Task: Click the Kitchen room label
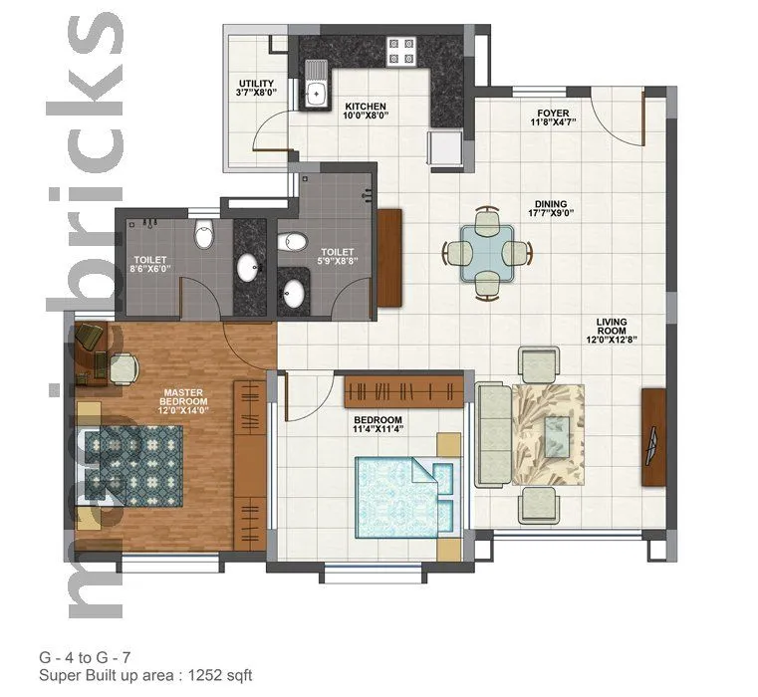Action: (x=366, y=106)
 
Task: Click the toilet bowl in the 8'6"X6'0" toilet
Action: (x=204, y=235)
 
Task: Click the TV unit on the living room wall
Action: (x=652, y=436)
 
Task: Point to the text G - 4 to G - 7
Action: (x=85, y=657)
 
